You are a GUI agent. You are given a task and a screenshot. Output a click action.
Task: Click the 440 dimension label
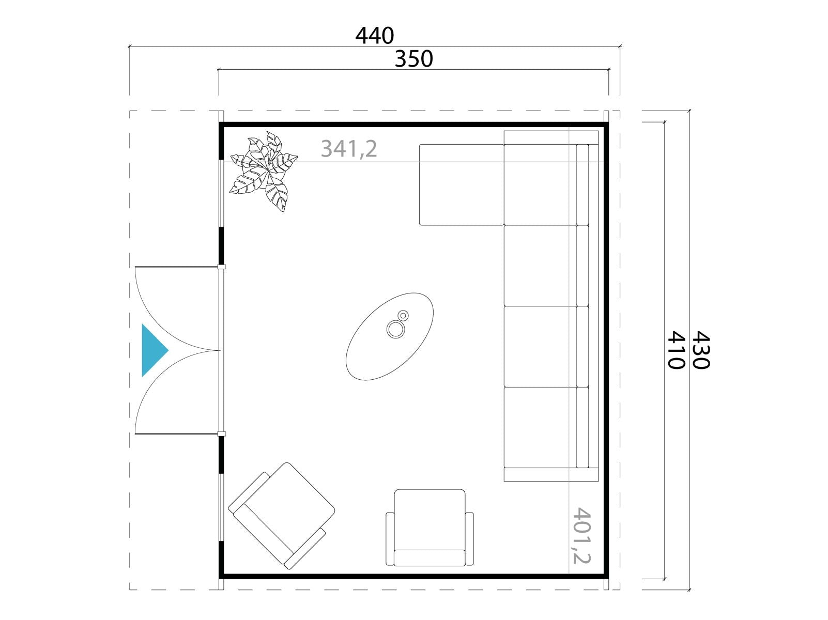[375, 36]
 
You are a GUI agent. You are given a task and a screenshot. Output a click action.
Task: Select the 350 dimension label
[414, 59]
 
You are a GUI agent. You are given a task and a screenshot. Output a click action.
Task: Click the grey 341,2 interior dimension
[349, 149]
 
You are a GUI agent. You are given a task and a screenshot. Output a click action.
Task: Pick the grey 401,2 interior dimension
[581, 535]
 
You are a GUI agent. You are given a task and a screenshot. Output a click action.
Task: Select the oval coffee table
[390, 336]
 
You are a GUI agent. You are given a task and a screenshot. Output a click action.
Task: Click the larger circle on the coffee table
[396, 329]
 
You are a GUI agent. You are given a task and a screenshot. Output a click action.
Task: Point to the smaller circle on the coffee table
[403, 315]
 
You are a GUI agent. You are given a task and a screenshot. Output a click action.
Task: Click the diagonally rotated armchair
[281, 516]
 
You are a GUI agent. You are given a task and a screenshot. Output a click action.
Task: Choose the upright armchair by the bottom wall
[430, 528]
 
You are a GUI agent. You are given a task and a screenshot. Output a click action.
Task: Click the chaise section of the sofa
[462, 184]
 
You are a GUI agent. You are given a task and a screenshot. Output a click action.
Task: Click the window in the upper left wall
[222, 193]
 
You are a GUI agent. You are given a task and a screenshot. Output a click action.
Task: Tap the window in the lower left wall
[222, 507]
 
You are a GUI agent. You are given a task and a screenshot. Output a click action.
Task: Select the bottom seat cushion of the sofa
[540, 427]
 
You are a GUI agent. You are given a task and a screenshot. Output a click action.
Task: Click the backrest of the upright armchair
[430, 558]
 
